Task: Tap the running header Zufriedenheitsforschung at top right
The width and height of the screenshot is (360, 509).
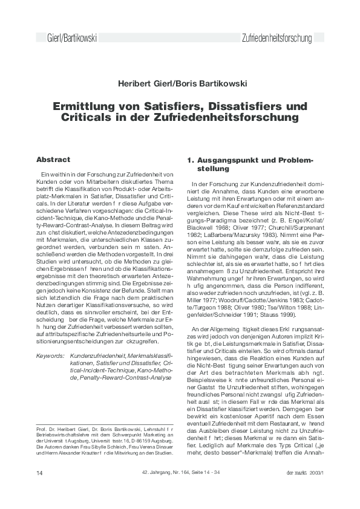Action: pos(277,39)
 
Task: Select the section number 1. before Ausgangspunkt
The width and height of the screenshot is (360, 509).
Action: pos(189,160)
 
